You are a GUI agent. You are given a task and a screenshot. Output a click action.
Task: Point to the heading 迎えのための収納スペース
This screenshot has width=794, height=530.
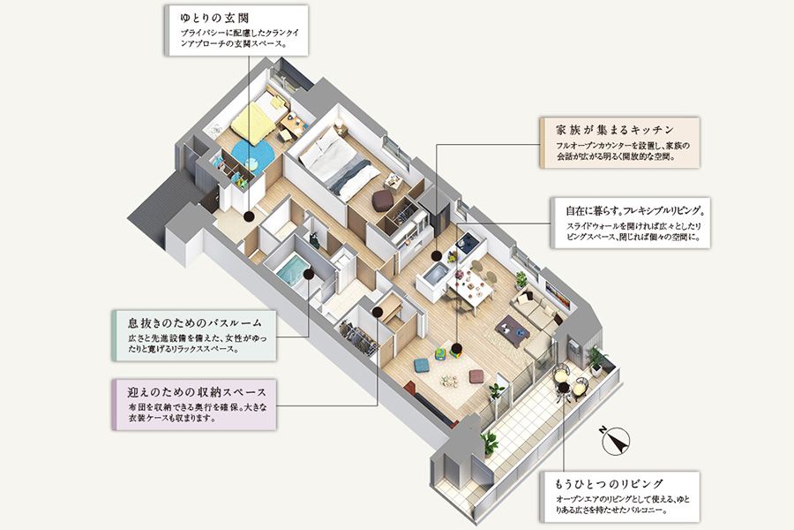point(191,391)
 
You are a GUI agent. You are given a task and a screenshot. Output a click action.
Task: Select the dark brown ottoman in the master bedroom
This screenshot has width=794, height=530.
point(382,201)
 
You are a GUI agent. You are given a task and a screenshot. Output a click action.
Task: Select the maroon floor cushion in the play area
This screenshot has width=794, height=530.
point(476,375)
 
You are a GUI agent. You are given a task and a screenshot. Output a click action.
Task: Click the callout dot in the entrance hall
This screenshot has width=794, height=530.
point(251,214)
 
